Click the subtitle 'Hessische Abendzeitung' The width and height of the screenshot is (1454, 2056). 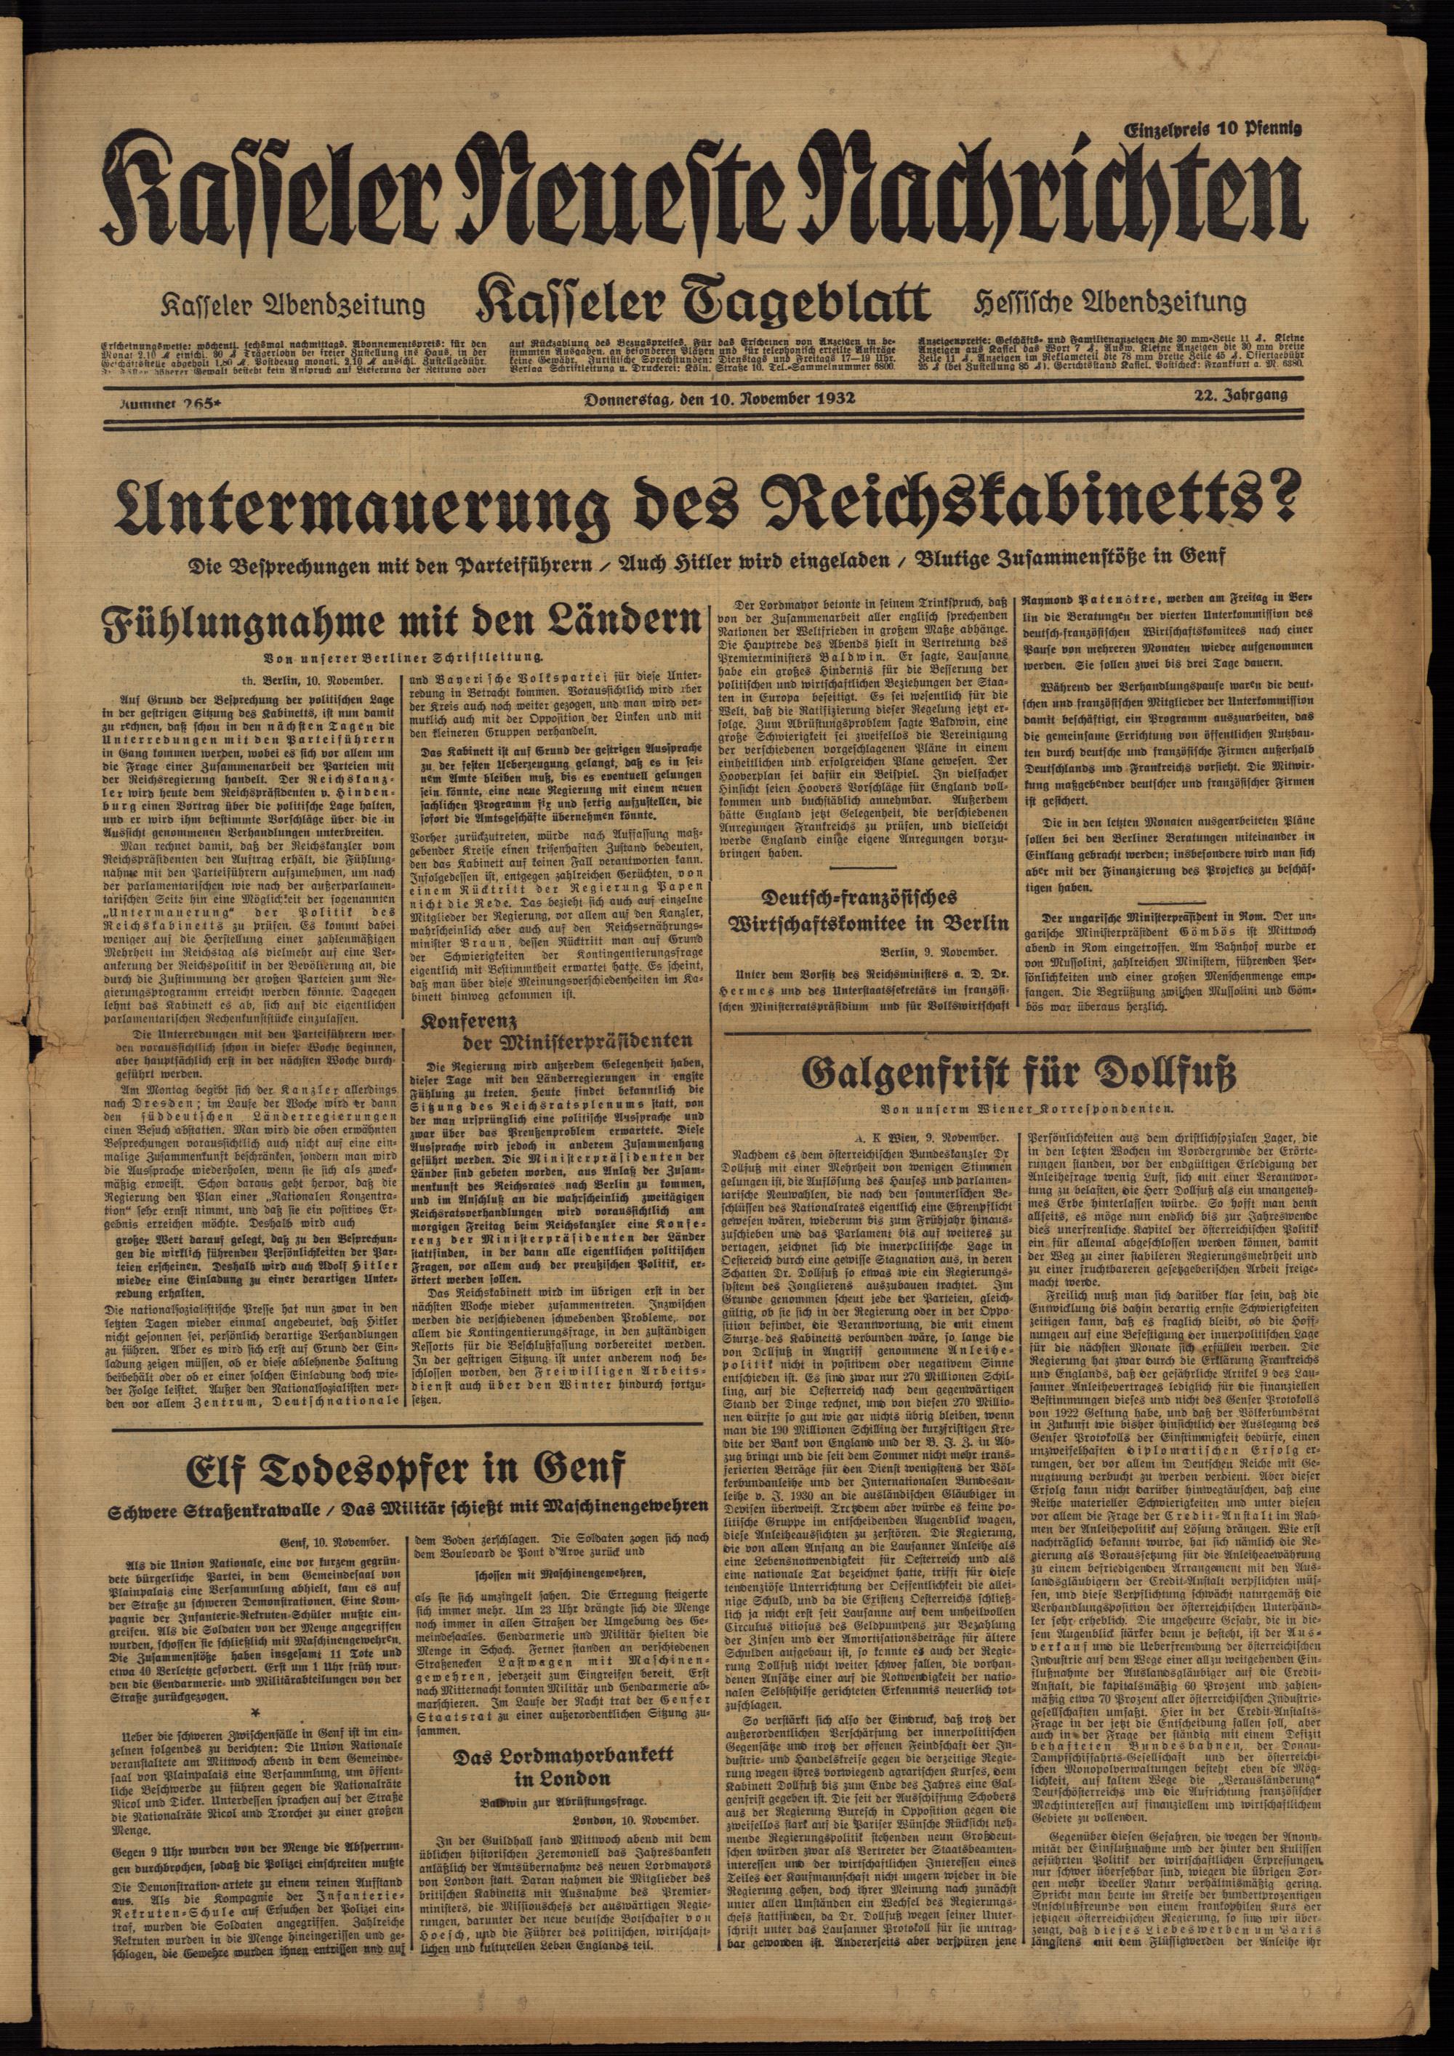[x=1111, y=302]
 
